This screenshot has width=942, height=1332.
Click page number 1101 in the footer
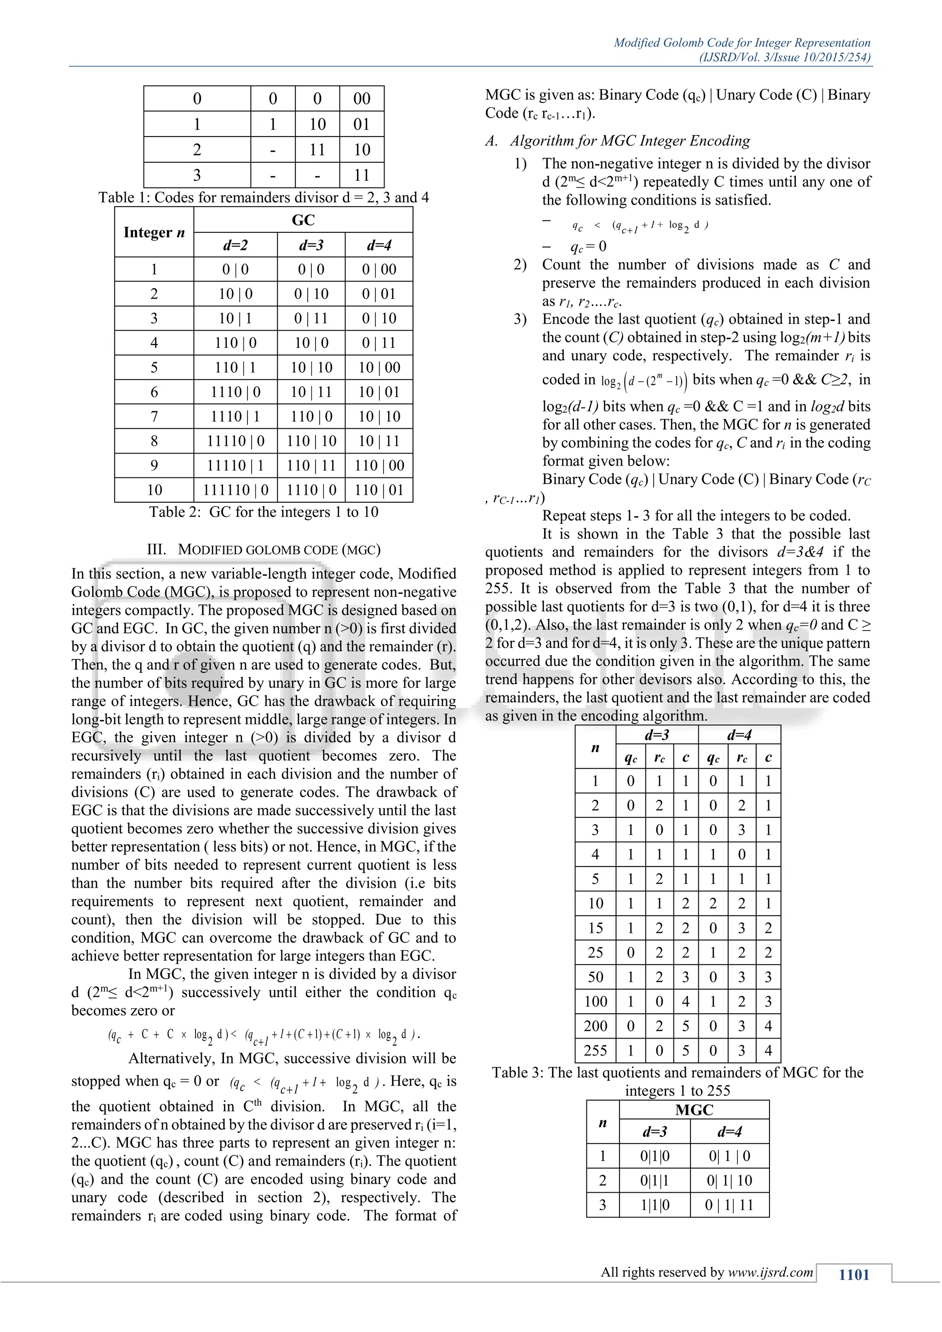pos(854,1275)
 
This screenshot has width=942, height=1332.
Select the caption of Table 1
pos(264,197)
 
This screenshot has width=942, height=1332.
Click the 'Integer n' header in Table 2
pos(154,232)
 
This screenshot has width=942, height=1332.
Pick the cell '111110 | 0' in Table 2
pos(235,490)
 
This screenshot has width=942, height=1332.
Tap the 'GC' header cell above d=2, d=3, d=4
pos(303,220)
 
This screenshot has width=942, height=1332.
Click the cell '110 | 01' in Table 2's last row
pos(379,490)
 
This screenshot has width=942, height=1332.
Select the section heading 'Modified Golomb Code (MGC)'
pos(264,549)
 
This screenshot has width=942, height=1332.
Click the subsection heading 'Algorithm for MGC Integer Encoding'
pos(630,141)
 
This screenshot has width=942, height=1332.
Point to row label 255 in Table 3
pos(595,1050)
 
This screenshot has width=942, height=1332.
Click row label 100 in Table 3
pos(595,1001)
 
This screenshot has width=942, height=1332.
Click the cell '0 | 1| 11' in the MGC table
pos(729,1205)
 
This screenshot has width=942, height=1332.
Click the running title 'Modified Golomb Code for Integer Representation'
pos(742,42)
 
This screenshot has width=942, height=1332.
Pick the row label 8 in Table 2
pos(154,441)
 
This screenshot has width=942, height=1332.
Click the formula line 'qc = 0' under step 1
pos(588,247)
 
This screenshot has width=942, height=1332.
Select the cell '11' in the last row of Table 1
pos(362,175)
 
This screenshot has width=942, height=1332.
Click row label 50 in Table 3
pos(595,977)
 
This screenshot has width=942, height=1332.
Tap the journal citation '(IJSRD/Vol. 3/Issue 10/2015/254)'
pos(785,57)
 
